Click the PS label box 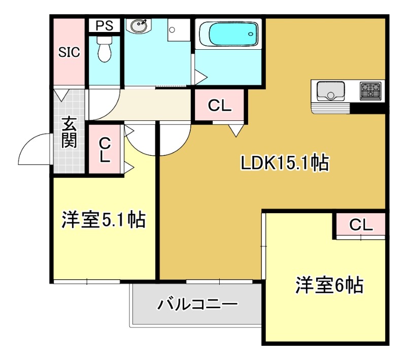coord(105,25)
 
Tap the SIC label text coord(69,52)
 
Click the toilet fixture coord(105,49)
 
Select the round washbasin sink coord(139,25)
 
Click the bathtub coord(229,34)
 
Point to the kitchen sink coord(331,91)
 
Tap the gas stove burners coord(370,91)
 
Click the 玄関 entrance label coord(69,132)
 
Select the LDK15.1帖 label coord(285,163)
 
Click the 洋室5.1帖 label coord(104,220)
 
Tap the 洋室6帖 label coord(329,285)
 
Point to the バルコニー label coord(197,304)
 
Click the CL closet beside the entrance coord(105,149)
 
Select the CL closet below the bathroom coord(220,105)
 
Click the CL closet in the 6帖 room coord(361,224)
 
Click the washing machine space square coord(179,30)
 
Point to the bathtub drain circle coord(250,34)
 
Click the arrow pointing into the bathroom coord(201,77)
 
